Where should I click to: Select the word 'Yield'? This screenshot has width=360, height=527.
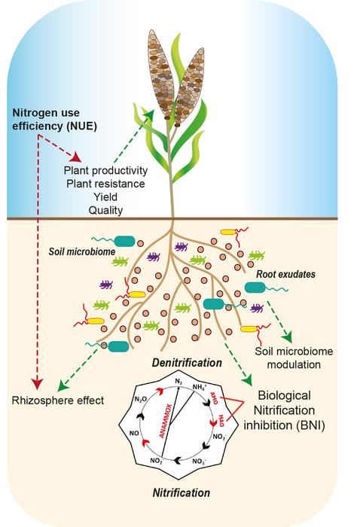[100, 196]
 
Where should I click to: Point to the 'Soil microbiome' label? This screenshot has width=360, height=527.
[81, 250]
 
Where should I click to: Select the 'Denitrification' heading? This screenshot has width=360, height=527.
[188, 362]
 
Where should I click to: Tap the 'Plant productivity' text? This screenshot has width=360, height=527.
[105, 170]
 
